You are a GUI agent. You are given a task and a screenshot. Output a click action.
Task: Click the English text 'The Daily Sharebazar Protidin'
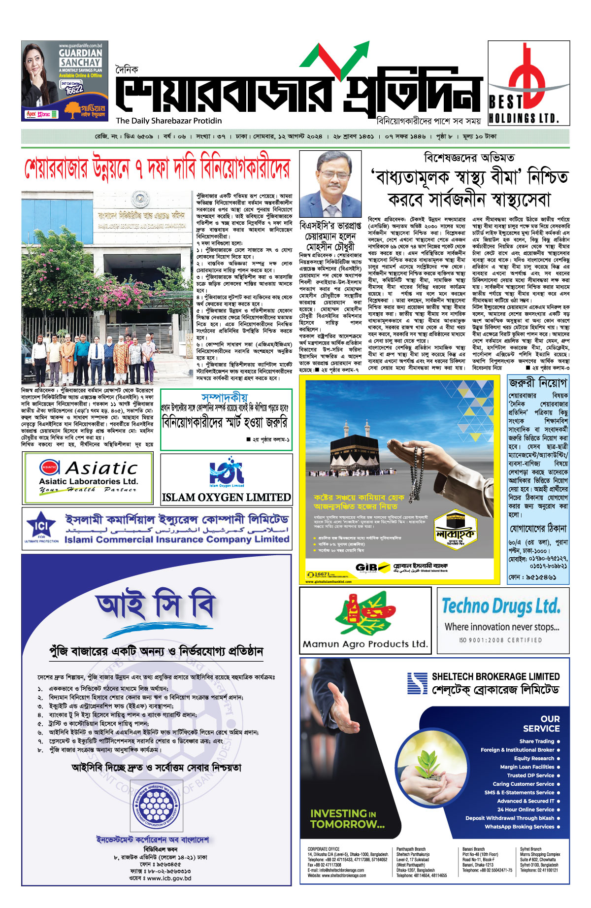pos(169,121)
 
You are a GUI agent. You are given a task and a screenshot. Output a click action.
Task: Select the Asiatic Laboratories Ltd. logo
pos(88,476)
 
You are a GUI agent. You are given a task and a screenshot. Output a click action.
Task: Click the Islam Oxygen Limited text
pos(226,498)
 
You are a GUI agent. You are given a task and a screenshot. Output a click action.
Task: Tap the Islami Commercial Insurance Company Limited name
pos(177,539)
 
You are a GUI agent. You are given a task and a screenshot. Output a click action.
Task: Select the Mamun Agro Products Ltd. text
pos(365,644)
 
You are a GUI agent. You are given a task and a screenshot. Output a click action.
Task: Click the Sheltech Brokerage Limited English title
pos(495,676)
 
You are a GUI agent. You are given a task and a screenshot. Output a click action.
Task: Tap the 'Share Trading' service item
pos(536,741)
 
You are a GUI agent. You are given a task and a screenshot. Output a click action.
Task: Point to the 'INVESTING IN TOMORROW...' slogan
pos(347,818)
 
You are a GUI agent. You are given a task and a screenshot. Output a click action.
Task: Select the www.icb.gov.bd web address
pos(169,878)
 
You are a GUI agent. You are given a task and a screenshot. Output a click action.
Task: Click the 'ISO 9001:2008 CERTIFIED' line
pos(500,640)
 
